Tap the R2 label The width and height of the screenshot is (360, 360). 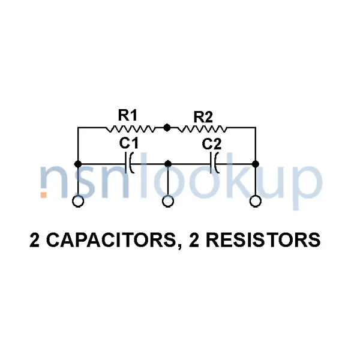203,117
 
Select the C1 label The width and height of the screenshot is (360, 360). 128,144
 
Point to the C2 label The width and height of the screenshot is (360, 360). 212,145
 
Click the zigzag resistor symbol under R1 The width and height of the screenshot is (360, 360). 131,128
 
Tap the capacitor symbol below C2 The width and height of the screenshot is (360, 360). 214,163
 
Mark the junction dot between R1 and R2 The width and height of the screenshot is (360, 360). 167,127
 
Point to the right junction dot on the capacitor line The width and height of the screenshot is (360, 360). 256,164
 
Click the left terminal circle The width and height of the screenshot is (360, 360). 78,202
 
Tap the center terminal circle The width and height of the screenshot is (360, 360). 168,202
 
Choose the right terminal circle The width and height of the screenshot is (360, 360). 256,202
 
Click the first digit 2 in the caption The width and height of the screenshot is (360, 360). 35,241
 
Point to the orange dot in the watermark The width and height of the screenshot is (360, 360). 44,194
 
